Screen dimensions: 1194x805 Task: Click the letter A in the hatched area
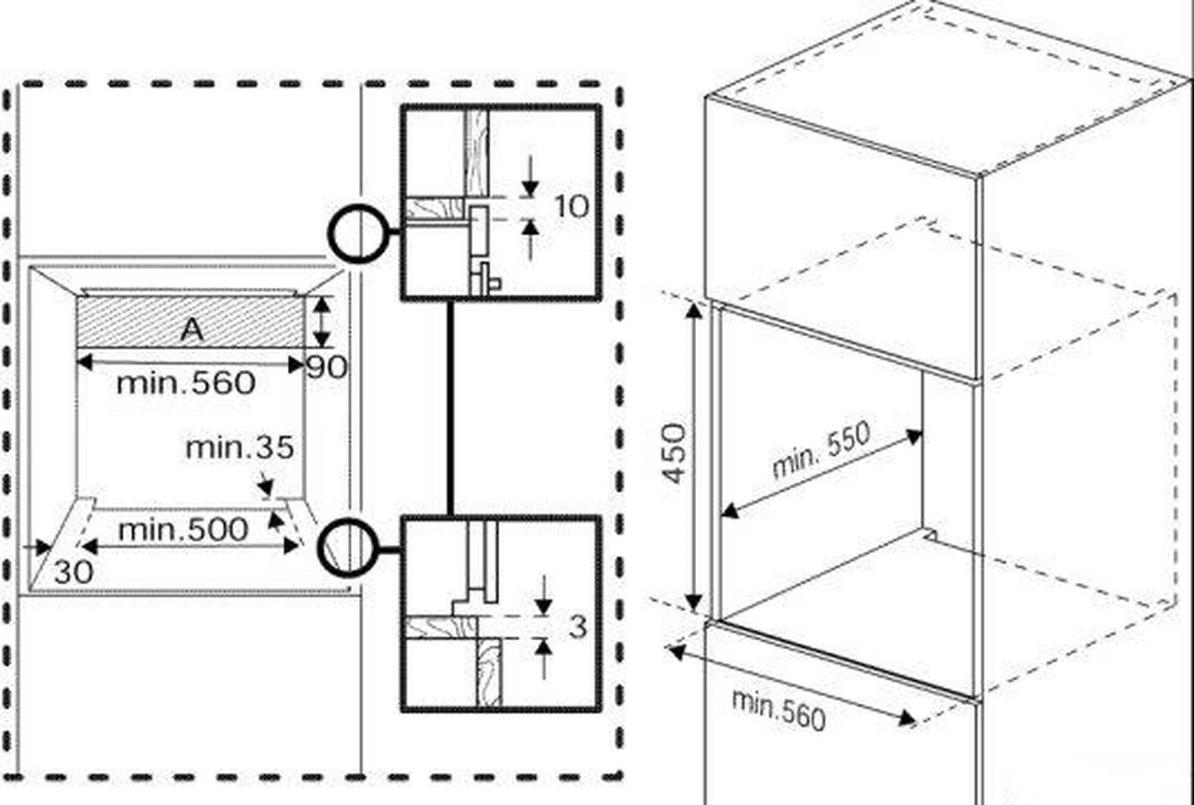pyautogui.click(x=192, y=329)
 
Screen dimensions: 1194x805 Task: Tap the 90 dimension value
pyautogui.click(x=327, y=367)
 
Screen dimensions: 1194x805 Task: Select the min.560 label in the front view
pyautogui.click(x=186, y=383)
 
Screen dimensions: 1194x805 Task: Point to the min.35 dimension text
pyautogui.click(x=239, y=447)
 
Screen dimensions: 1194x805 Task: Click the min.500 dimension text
pyautogui.click(x=183, y=530)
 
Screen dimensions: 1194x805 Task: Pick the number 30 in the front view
pyautogui.click(x=73, y=572)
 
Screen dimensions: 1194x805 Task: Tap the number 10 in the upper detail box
pyautogui.click(x=571, y=207)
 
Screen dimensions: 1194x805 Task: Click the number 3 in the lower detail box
pyautogui.click(x=577, y=627)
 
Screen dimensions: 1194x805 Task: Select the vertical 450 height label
pyautogui.click(x=675, y=453)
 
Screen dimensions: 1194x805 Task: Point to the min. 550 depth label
pyautogui.click(x=821, y=450)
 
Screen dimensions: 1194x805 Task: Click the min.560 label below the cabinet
pyautogui.click(x=779, y=710)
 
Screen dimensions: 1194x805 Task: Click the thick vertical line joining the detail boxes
pyautogui.click(x=450, y=408)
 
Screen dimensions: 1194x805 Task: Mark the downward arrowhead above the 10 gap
pyautogui.click(x=530, y=189)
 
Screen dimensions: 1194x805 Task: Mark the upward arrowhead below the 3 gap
pyautogui.click(x=543, y=646)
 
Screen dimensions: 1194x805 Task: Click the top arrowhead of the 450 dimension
pyautogui.click(x=694, y=311)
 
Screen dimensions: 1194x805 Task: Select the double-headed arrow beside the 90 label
pyautogui.click(x=322, y=322)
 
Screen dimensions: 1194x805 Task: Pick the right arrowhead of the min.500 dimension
pyautogui.click(x=291, y=546)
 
